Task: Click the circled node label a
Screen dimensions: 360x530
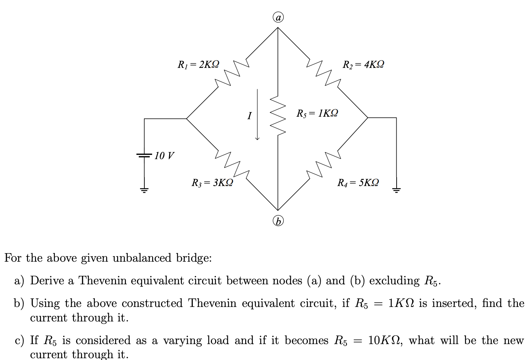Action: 278,17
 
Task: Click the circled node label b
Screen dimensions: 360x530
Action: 278,221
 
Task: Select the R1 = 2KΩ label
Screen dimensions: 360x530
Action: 198,64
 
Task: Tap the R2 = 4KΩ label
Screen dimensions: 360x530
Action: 363,64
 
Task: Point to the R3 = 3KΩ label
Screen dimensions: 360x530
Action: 212,182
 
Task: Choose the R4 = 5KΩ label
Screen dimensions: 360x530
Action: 358,182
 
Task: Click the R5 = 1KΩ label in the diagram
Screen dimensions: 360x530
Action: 317,113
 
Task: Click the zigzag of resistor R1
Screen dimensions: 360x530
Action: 232,73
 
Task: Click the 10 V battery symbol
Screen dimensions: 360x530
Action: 144,155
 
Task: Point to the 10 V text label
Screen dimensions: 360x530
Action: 164,156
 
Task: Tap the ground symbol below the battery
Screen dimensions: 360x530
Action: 144,190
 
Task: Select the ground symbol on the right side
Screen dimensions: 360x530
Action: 396,190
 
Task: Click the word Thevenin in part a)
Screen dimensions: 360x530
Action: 102,280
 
